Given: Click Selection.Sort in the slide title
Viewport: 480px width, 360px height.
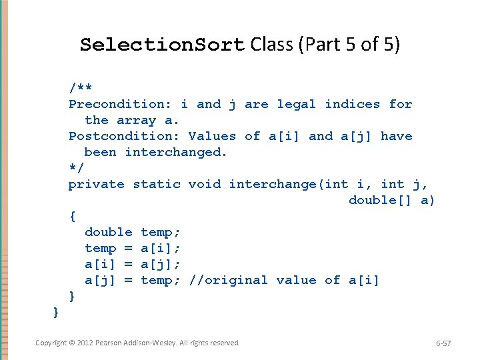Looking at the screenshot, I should pos(163,45).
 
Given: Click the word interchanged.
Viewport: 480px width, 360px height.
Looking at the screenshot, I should pos(176,152).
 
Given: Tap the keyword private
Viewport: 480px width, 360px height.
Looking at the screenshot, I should pos(96,184).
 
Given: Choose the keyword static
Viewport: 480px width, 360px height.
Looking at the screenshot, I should pos(156,184).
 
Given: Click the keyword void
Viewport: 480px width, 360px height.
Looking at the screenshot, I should pos(204,184).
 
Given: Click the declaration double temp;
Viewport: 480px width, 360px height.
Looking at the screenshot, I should pos(132,232).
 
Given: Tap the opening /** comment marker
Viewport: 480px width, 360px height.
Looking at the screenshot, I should pos(80,88).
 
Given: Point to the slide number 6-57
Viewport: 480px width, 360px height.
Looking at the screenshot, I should pos(443,343).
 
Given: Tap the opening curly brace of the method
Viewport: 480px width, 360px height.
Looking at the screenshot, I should pos(72,216).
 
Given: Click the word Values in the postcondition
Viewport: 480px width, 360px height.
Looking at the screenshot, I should pos(212,136).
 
